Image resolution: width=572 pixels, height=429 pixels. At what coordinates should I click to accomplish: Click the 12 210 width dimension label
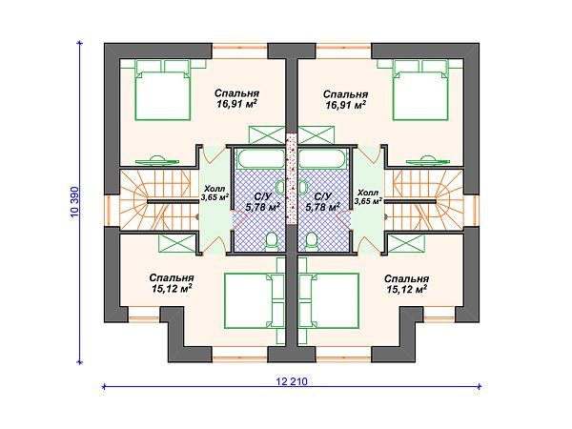[292, 381]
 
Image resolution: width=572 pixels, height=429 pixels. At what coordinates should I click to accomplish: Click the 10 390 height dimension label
[74, 202]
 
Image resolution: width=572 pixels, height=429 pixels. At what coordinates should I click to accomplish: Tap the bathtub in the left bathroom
[260, 158]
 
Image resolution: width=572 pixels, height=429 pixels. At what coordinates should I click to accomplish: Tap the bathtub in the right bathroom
[321, 158]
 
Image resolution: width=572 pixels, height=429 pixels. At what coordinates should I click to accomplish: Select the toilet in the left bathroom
[271, 241]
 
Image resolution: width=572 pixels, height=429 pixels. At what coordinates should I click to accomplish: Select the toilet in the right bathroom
[311, 241]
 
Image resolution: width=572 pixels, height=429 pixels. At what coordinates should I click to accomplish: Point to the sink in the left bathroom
[280, 188]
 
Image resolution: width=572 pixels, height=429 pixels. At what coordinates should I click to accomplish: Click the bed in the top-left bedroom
[162, 91]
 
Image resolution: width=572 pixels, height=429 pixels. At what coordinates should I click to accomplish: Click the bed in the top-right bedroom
[420, 91]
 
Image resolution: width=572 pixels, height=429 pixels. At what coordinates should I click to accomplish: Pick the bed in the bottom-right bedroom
[331, 300]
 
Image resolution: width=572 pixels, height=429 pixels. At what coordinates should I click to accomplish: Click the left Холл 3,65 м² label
[214, 194]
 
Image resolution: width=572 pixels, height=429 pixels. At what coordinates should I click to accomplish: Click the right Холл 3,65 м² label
[368, 196]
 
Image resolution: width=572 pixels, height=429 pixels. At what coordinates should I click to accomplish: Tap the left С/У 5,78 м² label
[263, 202]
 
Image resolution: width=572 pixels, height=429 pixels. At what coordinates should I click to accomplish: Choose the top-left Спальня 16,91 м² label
[236, 98]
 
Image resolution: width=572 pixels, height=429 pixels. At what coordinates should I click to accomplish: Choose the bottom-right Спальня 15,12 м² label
[406, 284]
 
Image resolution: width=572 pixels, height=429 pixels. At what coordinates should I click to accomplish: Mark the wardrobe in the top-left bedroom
[267, 135]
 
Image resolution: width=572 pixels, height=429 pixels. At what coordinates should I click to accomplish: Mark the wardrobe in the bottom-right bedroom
[406, 244]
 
